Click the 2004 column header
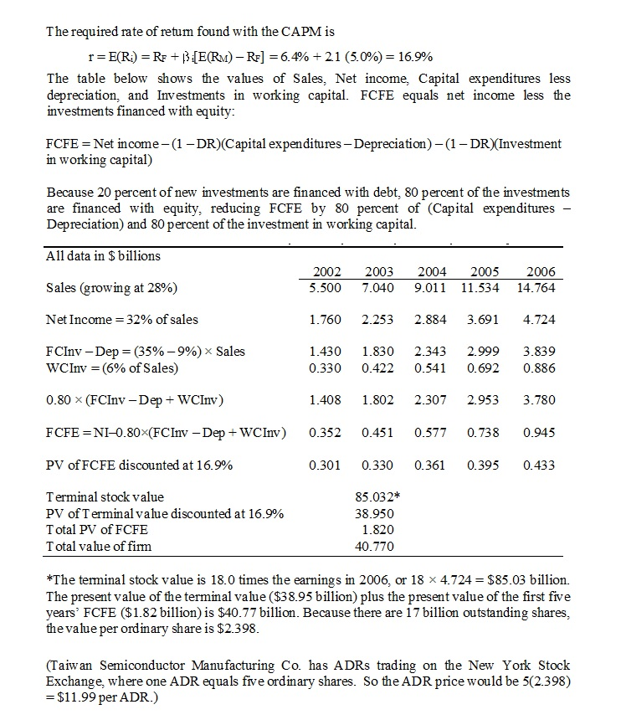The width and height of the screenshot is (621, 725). pos(432,272)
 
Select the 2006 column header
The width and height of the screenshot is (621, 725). pos(540,272)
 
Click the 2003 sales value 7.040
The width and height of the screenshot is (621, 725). pos(378,288)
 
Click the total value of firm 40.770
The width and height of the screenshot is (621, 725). pos(376,547)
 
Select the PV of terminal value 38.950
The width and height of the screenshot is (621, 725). pos(376,513)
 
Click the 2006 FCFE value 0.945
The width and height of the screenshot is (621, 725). pos(540,433)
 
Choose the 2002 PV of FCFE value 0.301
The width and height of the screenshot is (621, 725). pos(325,465)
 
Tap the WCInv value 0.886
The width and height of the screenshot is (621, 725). pos(540,367)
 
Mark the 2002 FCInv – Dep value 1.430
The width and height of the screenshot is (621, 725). pos(325,351)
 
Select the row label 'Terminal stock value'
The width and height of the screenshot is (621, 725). pos(105,497)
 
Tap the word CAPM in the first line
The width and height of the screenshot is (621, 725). pos(315,33)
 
